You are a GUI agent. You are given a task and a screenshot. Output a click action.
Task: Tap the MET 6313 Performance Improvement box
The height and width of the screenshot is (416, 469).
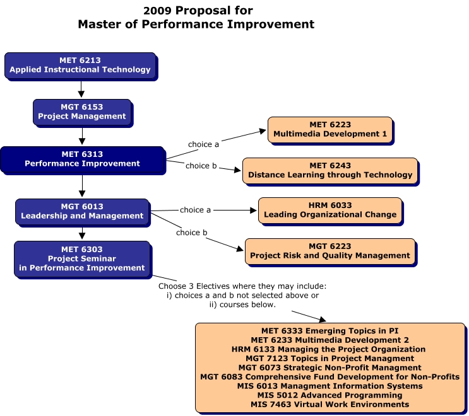[82, 159]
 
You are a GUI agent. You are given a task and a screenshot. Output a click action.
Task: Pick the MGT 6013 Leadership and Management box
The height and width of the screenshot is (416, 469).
[82, 211]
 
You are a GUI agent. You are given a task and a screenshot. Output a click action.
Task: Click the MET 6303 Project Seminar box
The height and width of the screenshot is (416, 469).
[82, 258]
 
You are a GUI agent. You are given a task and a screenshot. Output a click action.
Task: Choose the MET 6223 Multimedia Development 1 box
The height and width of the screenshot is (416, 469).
[329, 129]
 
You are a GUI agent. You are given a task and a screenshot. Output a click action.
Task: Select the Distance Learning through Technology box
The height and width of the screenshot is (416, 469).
[329, 170]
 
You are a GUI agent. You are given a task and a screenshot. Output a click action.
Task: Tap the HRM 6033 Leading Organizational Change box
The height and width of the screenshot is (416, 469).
[329, 210]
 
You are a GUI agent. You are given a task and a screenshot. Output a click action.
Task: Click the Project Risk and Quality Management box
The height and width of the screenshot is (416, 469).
[329, 251]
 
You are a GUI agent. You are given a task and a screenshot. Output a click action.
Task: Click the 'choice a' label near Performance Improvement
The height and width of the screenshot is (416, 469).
[203, 144]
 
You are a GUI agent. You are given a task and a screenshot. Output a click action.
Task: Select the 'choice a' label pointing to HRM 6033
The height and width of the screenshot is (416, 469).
[195, 210]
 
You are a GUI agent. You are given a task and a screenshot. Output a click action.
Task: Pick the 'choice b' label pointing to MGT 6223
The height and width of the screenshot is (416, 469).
[191, 233]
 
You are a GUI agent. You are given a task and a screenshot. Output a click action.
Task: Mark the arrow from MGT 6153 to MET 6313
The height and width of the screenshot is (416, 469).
[81, 134]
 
